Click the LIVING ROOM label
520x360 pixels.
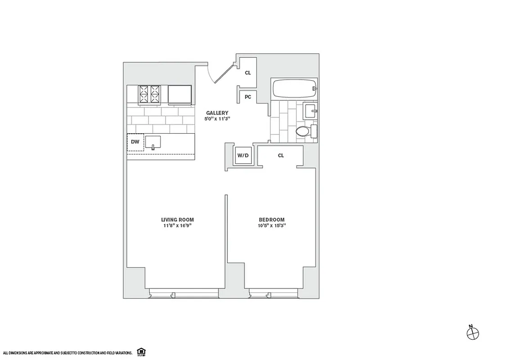click(177, 220)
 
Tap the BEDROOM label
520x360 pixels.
click(269, 220)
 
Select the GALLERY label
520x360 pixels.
click(217, 113)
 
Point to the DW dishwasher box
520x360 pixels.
click(135, 142)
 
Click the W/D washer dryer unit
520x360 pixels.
click(243, 156)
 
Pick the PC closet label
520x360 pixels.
click(248, 97)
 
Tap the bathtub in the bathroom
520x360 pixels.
click(293, 89)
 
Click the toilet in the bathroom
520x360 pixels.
click(305, 131)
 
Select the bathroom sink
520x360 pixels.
click(310, 110)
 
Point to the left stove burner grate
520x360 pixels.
click(144, 94)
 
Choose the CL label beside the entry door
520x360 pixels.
click(248, 72)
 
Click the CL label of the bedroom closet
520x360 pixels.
click(281, 156)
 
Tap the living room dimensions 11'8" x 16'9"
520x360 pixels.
click(177, 226)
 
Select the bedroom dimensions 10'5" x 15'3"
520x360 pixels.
click(269, 226)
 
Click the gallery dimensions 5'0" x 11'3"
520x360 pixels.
click(217, 119)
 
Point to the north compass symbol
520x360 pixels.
click(473, 333)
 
